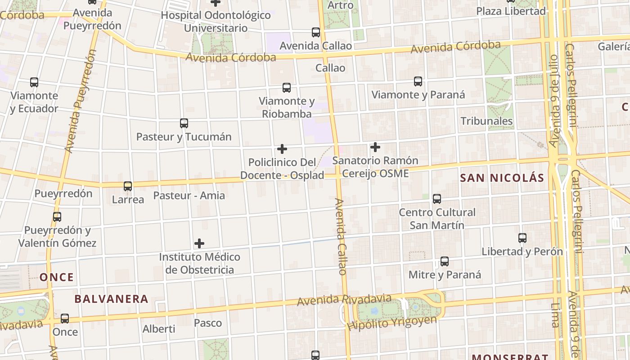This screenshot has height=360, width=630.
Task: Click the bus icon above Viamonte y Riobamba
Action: (287, 88)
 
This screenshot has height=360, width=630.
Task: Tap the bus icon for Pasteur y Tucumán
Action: (184, 123)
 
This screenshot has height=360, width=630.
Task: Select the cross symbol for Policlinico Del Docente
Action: (282, 149)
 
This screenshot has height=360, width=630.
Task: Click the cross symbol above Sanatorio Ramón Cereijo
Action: (375, 147)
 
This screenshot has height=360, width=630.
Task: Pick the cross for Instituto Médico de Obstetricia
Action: (199, 244)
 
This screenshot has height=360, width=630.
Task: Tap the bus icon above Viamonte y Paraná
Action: (418, 81)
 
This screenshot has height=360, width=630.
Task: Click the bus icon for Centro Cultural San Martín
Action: (436, 199)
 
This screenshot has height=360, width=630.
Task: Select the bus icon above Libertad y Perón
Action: (522, 238)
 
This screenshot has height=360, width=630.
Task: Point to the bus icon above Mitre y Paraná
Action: (445, 261)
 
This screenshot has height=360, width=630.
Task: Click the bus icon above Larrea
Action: (128, 186)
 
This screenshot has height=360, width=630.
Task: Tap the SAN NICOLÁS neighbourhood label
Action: (502, 178)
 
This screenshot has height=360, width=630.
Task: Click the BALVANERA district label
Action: (111, 299)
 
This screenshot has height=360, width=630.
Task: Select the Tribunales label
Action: (486, 121)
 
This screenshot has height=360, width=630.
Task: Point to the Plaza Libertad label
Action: (511, 11)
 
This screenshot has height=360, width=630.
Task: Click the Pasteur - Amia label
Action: (189, 196)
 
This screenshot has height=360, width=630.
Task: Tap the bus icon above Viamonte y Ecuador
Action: (34, 82)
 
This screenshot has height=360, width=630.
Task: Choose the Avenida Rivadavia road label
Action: (345, 299)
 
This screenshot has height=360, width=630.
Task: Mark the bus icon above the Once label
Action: (65, 319)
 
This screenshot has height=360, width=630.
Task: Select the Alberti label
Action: (159, 329)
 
